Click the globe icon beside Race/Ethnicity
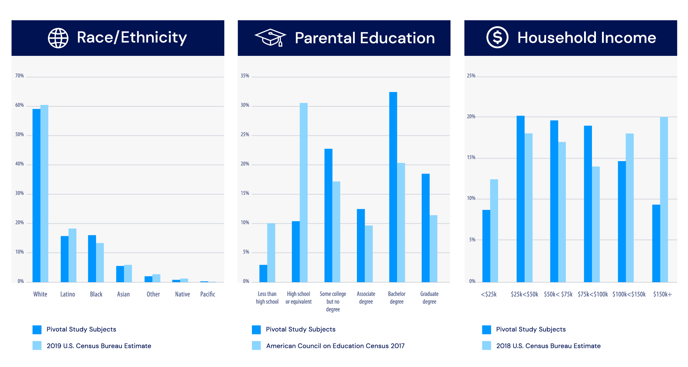click(x=58, y=38)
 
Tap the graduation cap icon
click(x=270, y=38)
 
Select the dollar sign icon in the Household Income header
click(x=497, y=37)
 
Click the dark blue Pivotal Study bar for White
click(x=36, y=195)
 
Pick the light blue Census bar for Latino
click(x=72, y=255)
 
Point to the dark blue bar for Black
click(x=92, y=258)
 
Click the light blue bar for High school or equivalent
click(x=304, y=192)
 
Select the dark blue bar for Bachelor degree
click(x=393, y=187)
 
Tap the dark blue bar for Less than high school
click(x=263, y=273)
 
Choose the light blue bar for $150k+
click(x=664, y=199)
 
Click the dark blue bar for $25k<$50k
click(x=520, y=199)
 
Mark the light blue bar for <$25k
click(x=494, y=231)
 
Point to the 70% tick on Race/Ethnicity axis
click(x=19, y=76)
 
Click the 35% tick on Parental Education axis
click(x=245, y=76)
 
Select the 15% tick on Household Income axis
click(x=471, y=158)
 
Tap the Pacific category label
click(x=207, y=294)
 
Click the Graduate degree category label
click(x=429, y=298)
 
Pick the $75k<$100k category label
click(x=593, y=294)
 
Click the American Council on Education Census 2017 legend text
click(x=335, y=346)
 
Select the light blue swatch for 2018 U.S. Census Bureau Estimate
click(x=486, y=346)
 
